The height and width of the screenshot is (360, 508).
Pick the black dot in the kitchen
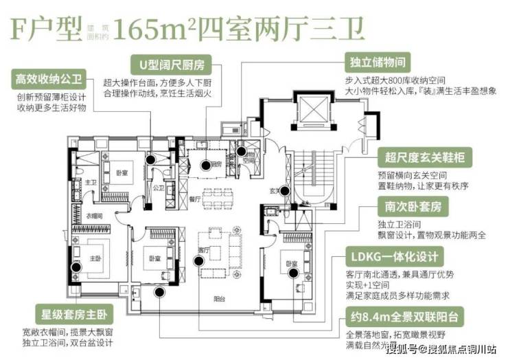pyautogui.click(x=205, y=164)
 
